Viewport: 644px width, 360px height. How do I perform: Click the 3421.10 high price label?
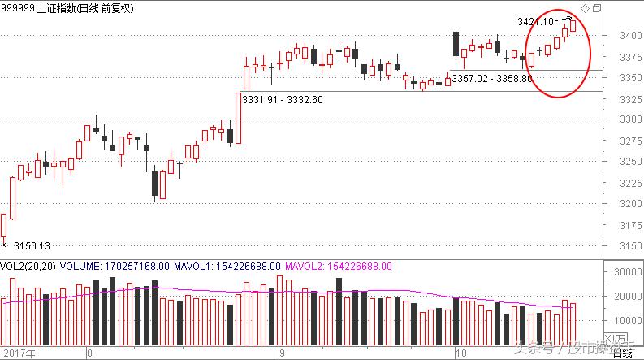[534, 21]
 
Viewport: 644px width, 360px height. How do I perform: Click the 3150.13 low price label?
[31, 245]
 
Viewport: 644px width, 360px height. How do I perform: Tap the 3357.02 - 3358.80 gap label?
[492, 79]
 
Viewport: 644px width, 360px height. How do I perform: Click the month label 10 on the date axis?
[460, 353]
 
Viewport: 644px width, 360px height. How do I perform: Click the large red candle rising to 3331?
[238, 118]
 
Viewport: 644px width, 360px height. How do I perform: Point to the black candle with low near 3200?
[154, 184]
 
